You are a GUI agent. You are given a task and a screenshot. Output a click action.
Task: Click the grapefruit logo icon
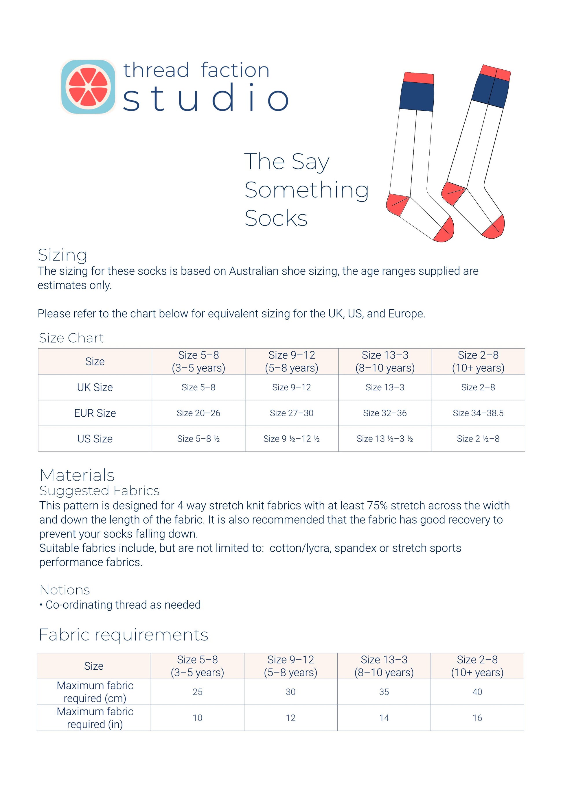coord(88,87)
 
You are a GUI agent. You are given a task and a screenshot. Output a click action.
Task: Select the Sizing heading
coord(62,255)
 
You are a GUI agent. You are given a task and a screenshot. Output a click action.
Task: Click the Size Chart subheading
coord(71,338)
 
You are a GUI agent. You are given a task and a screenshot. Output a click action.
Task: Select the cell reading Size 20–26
coord(198,413)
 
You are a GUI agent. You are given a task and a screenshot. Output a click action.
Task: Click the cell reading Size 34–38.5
coord(478,413)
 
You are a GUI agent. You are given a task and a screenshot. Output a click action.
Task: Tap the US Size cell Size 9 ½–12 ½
coord(291,439)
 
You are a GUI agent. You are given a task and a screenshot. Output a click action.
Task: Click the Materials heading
coord(77,475)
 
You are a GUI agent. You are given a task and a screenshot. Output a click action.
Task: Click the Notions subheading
coord(65,590)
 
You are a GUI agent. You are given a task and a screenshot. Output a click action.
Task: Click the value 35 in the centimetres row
coord(384,692)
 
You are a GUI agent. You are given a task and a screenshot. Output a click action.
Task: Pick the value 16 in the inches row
coord(477,718)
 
